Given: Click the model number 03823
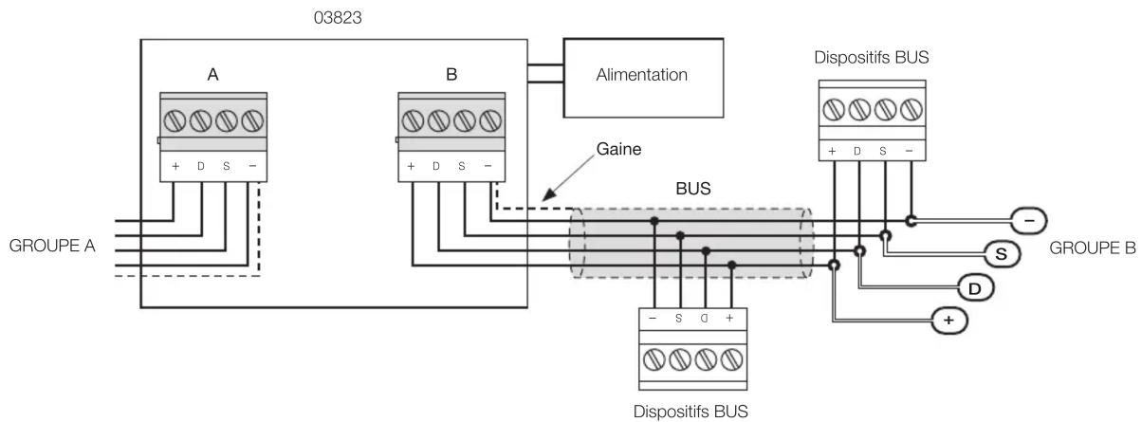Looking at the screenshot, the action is tap(338, 18).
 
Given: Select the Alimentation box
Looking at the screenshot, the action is tap(643, 78).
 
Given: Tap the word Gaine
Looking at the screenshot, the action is tap(618, 149).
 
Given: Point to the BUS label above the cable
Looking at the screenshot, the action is tap(692, 189).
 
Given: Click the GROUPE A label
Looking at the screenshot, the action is tap(52, 246).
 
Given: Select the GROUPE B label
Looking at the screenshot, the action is tap(1093, 248).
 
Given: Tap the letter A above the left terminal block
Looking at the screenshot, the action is tap(212, 75).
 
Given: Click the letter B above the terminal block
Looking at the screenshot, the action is tap(451, 75).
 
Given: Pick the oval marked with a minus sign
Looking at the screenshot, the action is tap(1029, 221).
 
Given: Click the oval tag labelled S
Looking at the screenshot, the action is tap(1002, 254).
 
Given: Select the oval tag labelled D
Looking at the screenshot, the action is tap(975, 289).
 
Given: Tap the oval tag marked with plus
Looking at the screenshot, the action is tap(949, 321).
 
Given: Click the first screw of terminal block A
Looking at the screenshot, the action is tap(175, 121).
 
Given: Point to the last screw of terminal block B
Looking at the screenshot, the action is tap(491, 121).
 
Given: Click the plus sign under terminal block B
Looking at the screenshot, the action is tap(411, 167).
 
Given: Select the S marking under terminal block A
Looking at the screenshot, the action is tap(226, 167).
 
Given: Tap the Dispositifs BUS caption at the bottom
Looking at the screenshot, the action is tap(690, 412).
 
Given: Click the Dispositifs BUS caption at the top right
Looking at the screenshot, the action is tap(872, 58).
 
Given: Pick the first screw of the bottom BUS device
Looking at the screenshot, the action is tap(654, 359).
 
